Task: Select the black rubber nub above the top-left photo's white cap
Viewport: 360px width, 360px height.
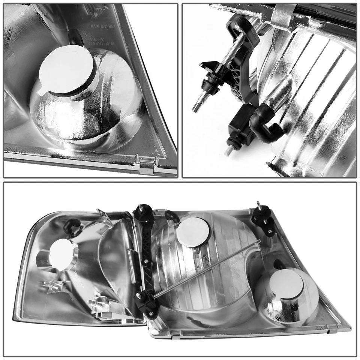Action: click(76, 38)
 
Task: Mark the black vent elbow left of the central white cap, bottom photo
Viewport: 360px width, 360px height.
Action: click(172, 216)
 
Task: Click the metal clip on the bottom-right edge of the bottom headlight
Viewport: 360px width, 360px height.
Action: click(332, 328)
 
